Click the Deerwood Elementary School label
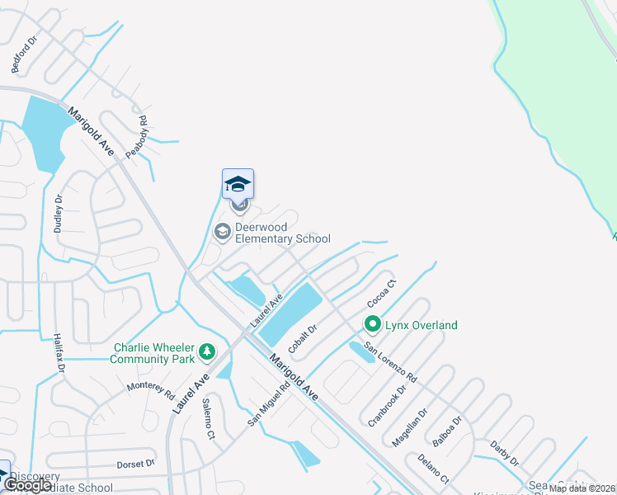(283, 233)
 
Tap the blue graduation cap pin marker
(238, 184)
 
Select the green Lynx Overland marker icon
(372, 325)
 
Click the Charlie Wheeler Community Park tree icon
(207, 353)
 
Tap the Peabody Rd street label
(137, 137)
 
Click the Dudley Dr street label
(59, 214)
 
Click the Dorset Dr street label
(135, 464)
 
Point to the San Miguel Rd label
(269, 403)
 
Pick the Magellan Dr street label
(410, 428)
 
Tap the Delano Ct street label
(433, 469)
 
